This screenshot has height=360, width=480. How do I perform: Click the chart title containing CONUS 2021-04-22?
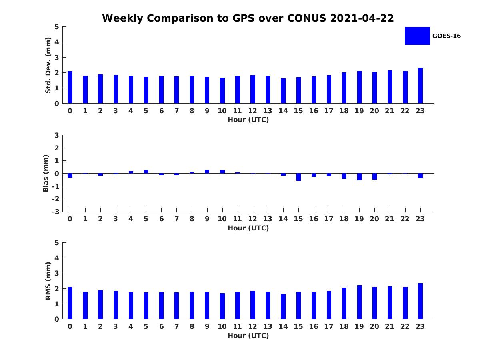tap(248, 18)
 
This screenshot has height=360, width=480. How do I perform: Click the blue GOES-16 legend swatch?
tap(417, 36)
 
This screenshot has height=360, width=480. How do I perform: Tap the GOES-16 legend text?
tap(446, 36)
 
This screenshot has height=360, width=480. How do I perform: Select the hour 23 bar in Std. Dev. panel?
tap(420, 86)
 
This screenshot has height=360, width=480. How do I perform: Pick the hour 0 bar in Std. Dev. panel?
tap(70, 87)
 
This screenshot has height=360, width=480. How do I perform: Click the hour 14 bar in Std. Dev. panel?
tap(283, 91)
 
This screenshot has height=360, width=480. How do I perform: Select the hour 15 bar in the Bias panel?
tap(298, 177)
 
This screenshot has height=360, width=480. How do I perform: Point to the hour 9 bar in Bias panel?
tap(207, 171)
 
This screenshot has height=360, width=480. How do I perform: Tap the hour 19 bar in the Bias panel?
tap(359, 177)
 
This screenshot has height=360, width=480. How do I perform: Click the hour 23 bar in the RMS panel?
tap(420, 301)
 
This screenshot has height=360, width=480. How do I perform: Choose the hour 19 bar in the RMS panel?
tap(359, 302)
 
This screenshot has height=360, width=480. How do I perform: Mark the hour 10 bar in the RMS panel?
tap(222, 306)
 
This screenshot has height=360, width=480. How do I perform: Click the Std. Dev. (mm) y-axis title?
tap(48, 65)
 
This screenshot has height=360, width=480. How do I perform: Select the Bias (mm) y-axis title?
tap(46, 173)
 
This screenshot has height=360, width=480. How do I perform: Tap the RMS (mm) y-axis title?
tap(48, 281)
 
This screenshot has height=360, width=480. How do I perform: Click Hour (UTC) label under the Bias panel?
tap(248, 228)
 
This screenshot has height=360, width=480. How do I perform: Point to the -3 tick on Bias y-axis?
tap(57, 212)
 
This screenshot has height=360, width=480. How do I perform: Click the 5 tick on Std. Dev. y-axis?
tap(57, 27)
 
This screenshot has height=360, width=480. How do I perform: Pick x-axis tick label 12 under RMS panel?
tap(253, 326)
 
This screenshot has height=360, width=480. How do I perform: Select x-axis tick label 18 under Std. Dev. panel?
tap(344, 111)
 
